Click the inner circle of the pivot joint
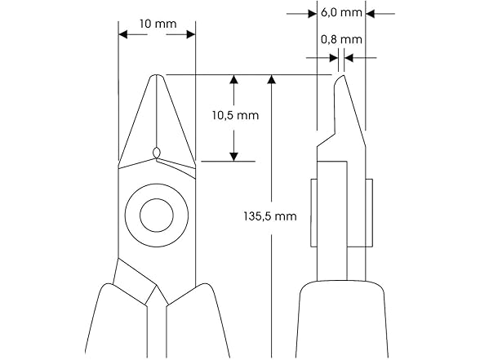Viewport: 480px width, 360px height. pos(156,216)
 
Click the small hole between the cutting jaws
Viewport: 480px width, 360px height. pos(157,151)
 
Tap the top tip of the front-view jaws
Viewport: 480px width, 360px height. pos(157,77)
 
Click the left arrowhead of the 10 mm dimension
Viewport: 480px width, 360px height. pos(123,34)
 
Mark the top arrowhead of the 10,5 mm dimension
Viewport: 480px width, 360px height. pos(234,80)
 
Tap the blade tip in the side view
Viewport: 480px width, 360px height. pos(337,78)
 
